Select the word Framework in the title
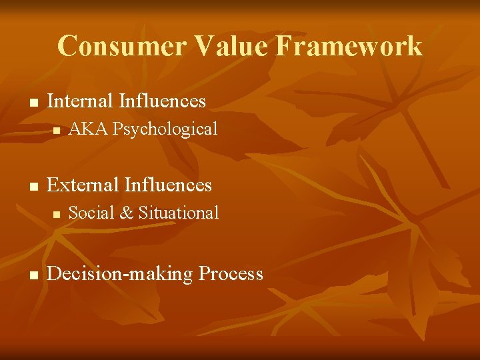[x=345, y=46]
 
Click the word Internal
[x=80, y=101]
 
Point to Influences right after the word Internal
[x=162, y=101]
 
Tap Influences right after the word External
[x=167, y=185]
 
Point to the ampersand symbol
[x=126, y=213]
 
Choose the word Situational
[x=178, y=213]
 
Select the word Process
[x=231, y=274]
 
